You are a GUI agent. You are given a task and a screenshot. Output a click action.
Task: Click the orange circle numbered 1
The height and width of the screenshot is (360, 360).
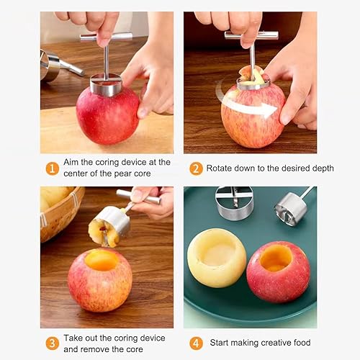coord(52,168)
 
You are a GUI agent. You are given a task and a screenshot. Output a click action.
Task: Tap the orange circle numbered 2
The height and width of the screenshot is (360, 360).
coord(196,168)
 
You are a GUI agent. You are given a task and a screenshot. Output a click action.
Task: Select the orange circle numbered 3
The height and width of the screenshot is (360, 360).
coord(52,343)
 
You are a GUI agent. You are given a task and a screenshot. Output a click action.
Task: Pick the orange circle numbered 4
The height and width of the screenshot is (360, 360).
coord(196,343)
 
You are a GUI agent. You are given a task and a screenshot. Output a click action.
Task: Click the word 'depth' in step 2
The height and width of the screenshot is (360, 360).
coord(323,168)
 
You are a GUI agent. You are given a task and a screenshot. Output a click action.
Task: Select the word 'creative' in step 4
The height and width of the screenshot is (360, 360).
coord(275,343)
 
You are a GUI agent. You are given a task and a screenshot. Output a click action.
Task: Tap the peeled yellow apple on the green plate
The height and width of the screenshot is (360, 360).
coord(217,258)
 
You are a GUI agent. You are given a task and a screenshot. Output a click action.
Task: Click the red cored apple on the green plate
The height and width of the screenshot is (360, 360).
coord(278,271)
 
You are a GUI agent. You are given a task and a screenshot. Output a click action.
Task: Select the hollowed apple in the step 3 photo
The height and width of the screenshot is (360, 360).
coord(100,280)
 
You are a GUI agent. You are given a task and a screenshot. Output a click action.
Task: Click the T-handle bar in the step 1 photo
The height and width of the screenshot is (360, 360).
coord(106,37)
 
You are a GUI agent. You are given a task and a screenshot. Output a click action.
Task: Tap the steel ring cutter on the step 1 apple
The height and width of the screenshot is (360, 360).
coord(106,85)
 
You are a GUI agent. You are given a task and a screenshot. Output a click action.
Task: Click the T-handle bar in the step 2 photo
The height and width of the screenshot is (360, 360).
coord(251,35)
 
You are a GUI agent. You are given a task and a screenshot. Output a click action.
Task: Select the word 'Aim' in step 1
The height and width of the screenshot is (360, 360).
coord(71,162)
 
